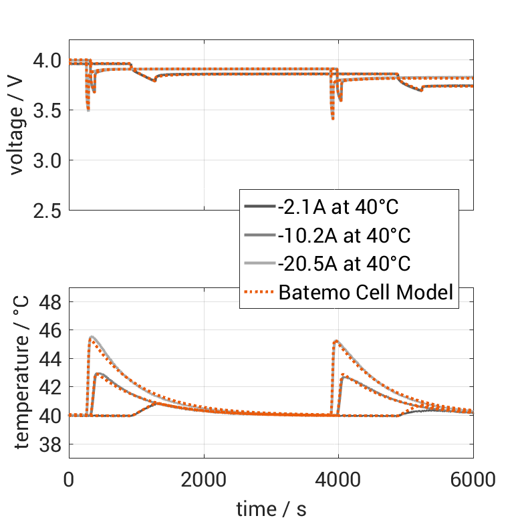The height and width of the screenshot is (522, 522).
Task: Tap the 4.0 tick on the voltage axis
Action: pos(46,61)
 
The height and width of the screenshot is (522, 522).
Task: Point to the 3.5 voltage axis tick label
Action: pos(46,110)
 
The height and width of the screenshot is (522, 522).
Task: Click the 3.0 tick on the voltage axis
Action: pos(46,160)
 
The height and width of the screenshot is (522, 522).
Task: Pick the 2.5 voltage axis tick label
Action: pos(46,211)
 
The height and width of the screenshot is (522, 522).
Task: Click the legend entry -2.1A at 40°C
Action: pos(338,207)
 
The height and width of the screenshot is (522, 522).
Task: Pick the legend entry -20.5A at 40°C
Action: pos(344,263)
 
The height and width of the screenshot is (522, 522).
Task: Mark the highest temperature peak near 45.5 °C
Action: pos(91,336)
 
